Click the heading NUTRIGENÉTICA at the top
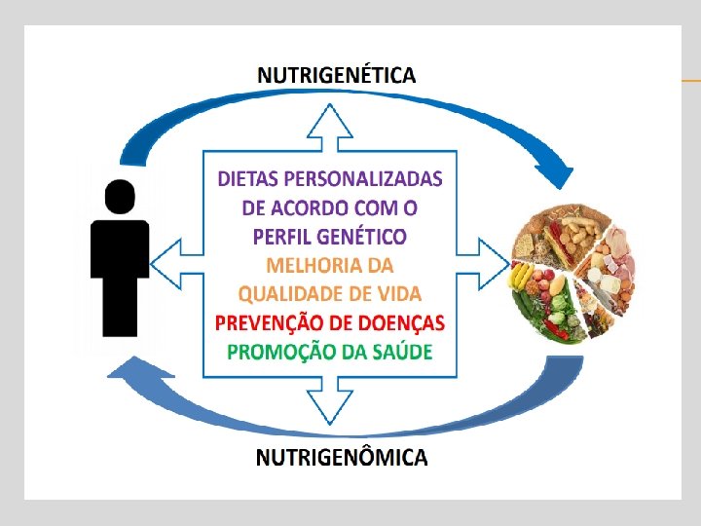coord(336,74)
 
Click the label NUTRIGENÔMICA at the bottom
coord(341,456)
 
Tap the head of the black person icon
coord(120,197)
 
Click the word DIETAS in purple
coord(247,179)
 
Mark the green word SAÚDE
coord(398,352)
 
